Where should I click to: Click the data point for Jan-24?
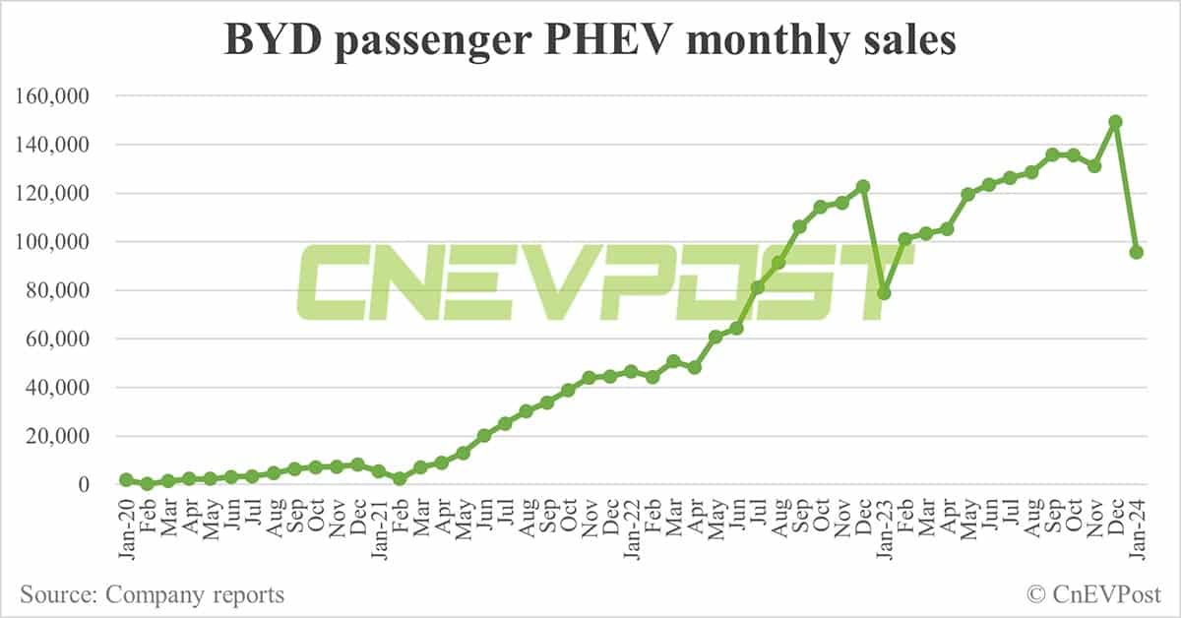(1136, 252)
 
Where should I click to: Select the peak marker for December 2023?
(1115, 122)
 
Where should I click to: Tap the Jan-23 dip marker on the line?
(884, 293)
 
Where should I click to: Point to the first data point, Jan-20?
(126, 479)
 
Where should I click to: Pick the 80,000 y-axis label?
(60, 290)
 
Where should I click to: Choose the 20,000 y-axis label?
(60, 436)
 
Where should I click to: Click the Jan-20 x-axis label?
(126, 529)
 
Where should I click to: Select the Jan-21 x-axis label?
(379, 529)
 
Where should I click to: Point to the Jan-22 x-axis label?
(632, 529)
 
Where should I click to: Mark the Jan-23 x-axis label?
(885, 529)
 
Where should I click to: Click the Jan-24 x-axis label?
(1137, 529)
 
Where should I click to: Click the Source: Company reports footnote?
(152, 594)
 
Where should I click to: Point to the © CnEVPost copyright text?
(1093, 594)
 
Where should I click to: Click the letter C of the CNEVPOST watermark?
(339, 281)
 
